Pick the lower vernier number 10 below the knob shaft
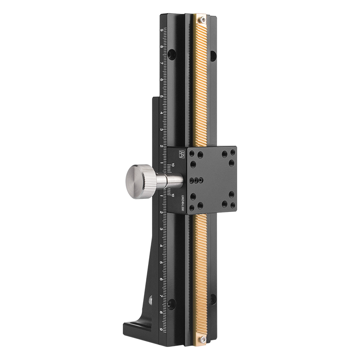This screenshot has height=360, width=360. (x=173, y=195)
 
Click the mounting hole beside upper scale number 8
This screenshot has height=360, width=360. (x=171, y=54)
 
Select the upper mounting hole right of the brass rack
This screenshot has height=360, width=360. (x=213, y=55)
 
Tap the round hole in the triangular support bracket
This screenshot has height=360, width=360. (x=150, y=298)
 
